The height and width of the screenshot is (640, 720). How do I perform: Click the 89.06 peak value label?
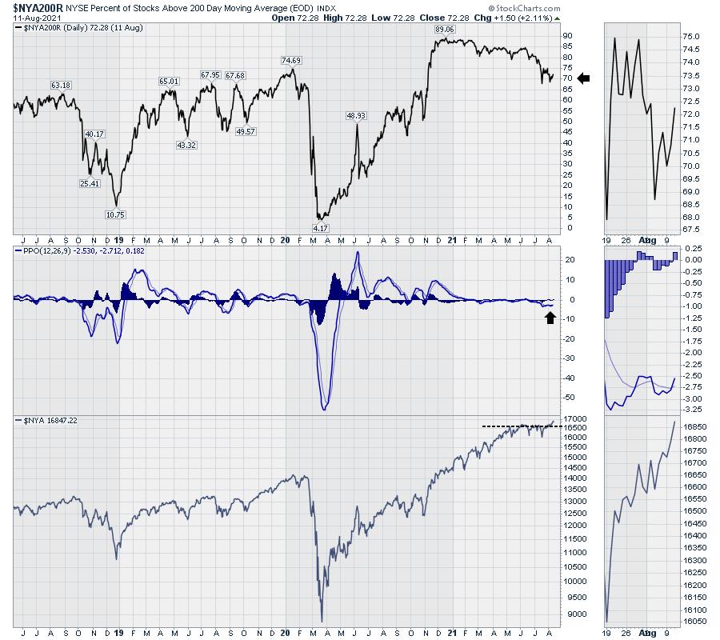[444, 30]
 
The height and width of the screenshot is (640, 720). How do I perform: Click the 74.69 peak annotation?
[291, 60]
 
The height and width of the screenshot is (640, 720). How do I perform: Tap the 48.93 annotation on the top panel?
[356, 115]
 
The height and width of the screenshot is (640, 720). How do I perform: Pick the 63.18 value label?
[62, 85]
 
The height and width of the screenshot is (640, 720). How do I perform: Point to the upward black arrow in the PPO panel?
[550, 318]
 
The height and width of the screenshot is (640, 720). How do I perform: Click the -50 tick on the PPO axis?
[570, 397]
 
